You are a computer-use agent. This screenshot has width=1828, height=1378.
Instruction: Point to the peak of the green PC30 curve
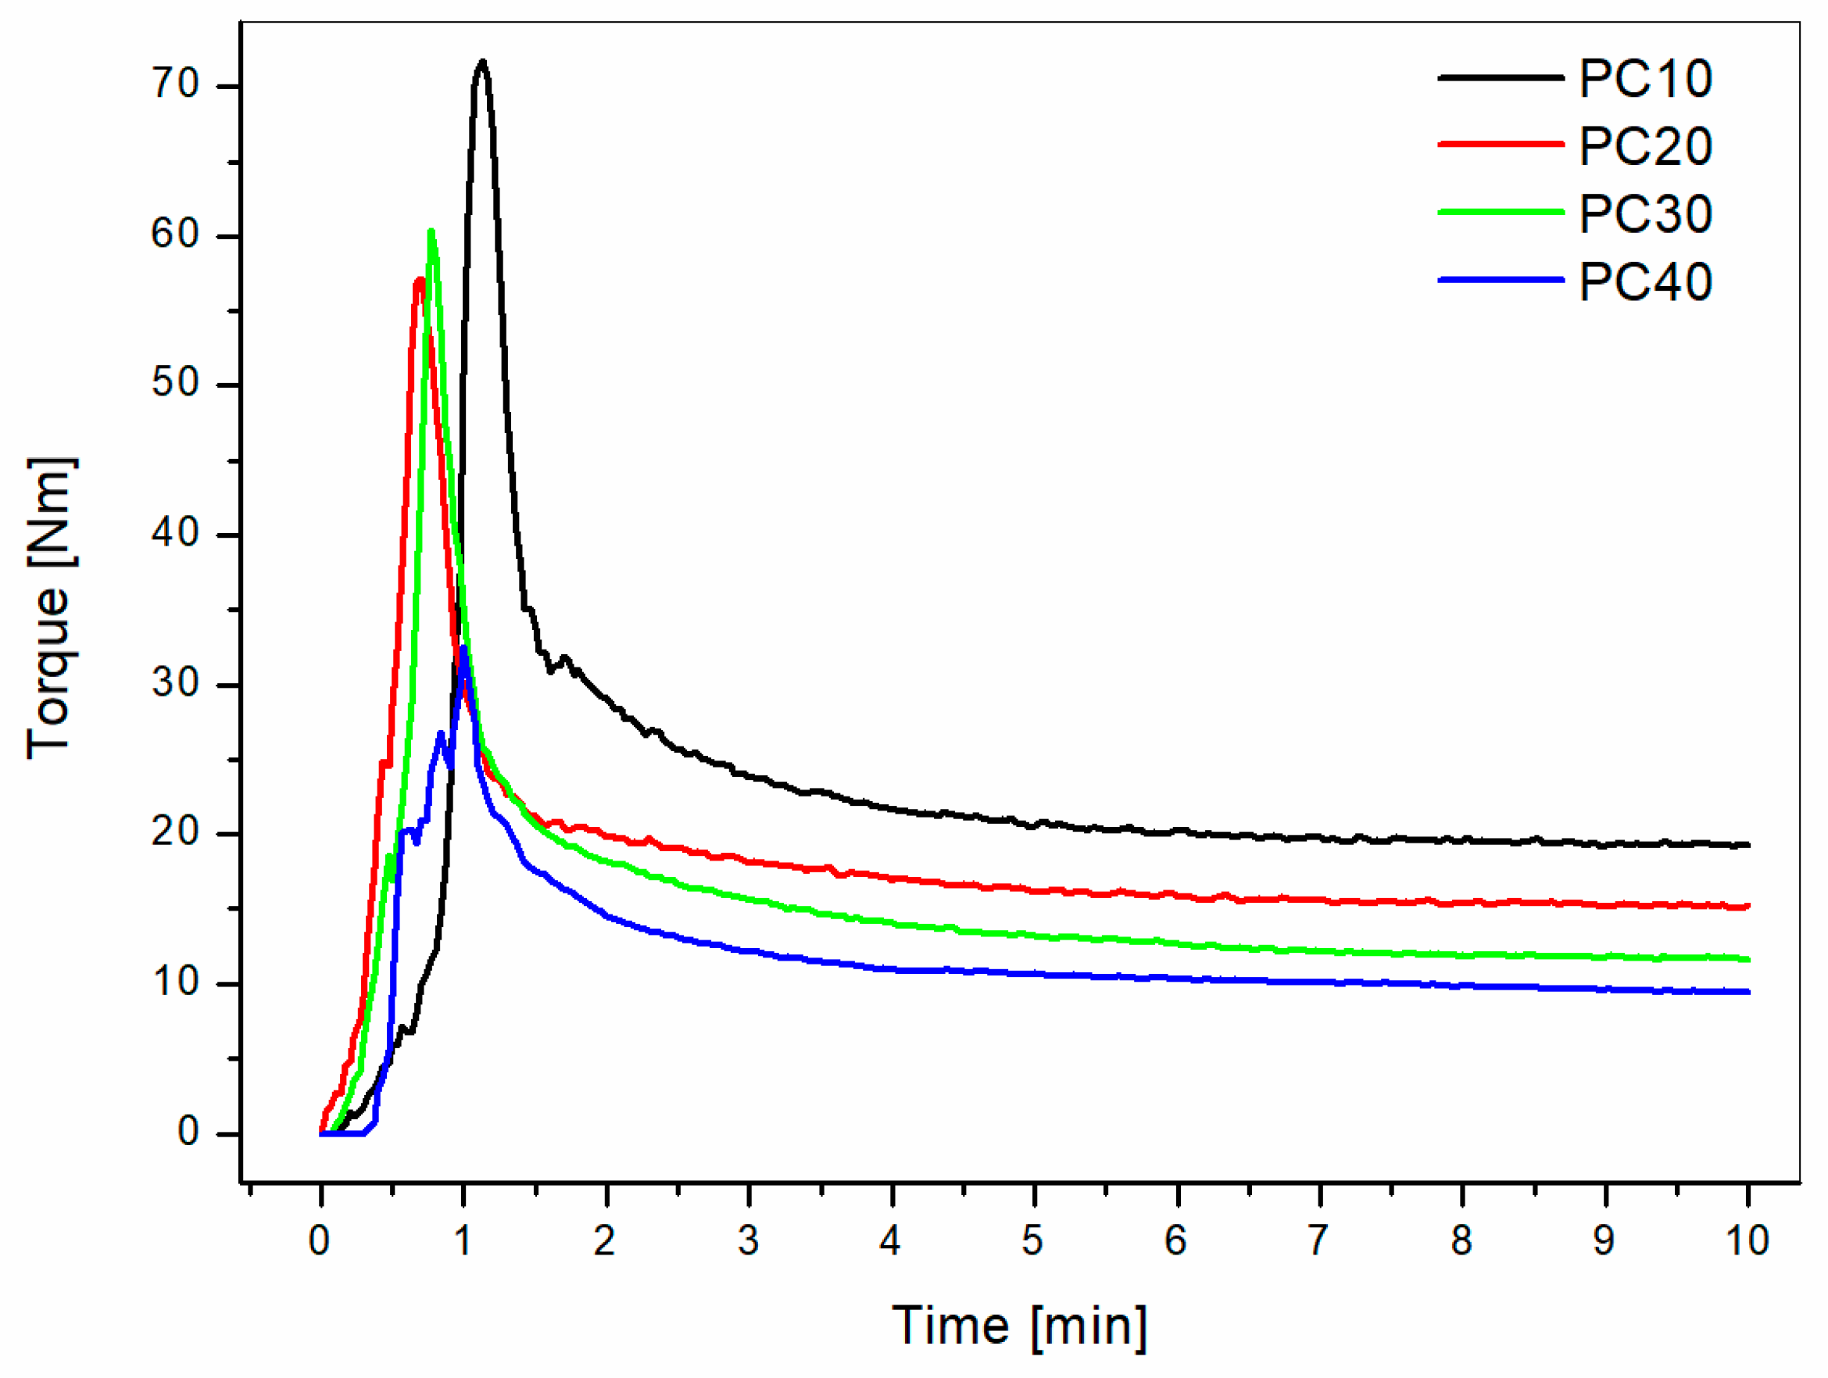click(x=431, y=232)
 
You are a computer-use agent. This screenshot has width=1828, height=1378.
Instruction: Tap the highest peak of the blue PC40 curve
click(x=463, y=648)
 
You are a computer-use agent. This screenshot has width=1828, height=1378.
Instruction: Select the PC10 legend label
click(x=1644, y=81)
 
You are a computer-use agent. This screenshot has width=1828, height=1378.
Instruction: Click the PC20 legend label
click(x=1644, y=148)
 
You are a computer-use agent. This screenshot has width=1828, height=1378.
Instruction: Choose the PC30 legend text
click(x=1644, y=216)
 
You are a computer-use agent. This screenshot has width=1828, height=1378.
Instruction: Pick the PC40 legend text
click(x=1644, y=284)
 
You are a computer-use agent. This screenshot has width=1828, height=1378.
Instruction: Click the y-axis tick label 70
click(x=175, y=85)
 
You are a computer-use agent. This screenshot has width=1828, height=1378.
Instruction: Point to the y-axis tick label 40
click(x=175, y=534)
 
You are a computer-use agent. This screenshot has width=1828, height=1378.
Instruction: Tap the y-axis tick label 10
click(x=175, y=982)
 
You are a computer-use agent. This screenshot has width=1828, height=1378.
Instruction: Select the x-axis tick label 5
click(x=1032, y=1240)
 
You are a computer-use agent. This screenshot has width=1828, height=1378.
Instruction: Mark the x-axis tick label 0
click(x=319, y=1240)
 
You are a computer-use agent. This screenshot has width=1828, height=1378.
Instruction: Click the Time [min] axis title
click(x=1020, y=1326)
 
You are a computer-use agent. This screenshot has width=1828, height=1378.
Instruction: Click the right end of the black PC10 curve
click(x=1747, y=845)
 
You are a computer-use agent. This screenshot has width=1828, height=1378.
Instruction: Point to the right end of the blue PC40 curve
click(x=1747, y=992)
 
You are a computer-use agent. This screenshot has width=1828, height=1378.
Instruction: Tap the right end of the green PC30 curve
click(x=1747, y=960)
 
